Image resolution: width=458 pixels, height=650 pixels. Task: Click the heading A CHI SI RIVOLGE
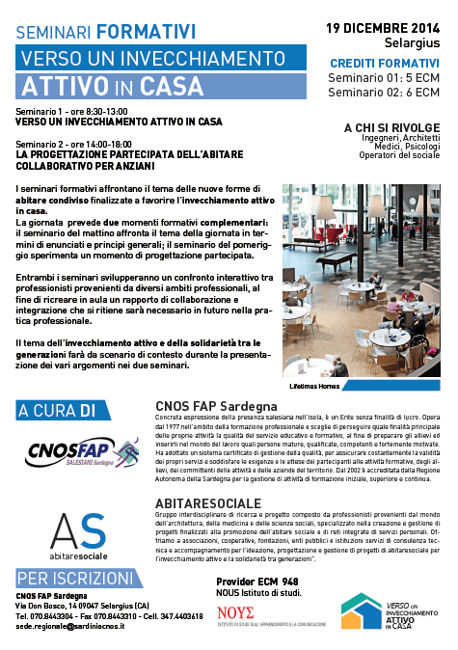[392, 126]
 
